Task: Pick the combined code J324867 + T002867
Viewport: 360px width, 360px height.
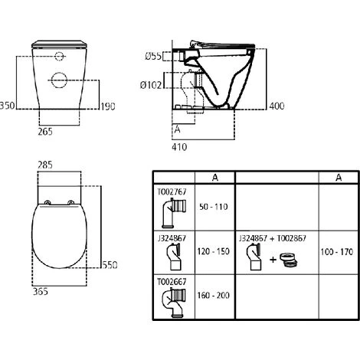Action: tap(273, 238)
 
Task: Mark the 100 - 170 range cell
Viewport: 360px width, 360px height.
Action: tap(336, 250)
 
